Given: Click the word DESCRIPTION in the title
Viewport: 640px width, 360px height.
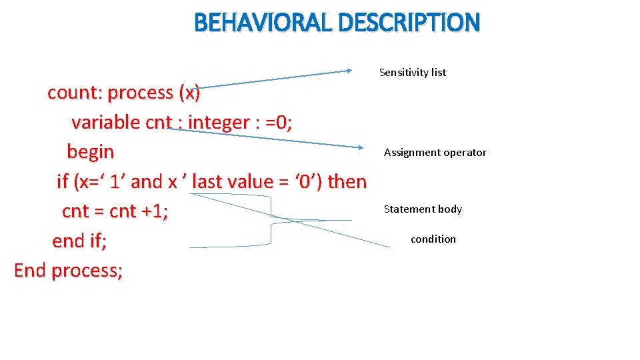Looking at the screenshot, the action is click(409, 23).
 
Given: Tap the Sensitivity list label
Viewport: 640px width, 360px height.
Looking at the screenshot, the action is click(413, 72).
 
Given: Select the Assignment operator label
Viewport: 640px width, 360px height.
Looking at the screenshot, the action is click(435, 153).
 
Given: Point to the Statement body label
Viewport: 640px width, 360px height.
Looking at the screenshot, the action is click(423, 209).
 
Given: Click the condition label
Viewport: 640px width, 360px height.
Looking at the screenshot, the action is click(433, 239).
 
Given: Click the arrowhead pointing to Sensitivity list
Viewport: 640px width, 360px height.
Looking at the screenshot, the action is click(352, 70).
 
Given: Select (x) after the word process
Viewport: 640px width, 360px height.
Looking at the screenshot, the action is click(189, 93).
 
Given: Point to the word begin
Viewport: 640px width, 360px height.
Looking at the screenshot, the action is click(91, 152).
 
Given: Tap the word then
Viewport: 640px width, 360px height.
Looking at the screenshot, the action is click(348, 181).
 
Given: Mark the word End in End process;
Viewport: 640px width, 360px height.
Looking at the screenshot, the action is click(31, 271).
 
